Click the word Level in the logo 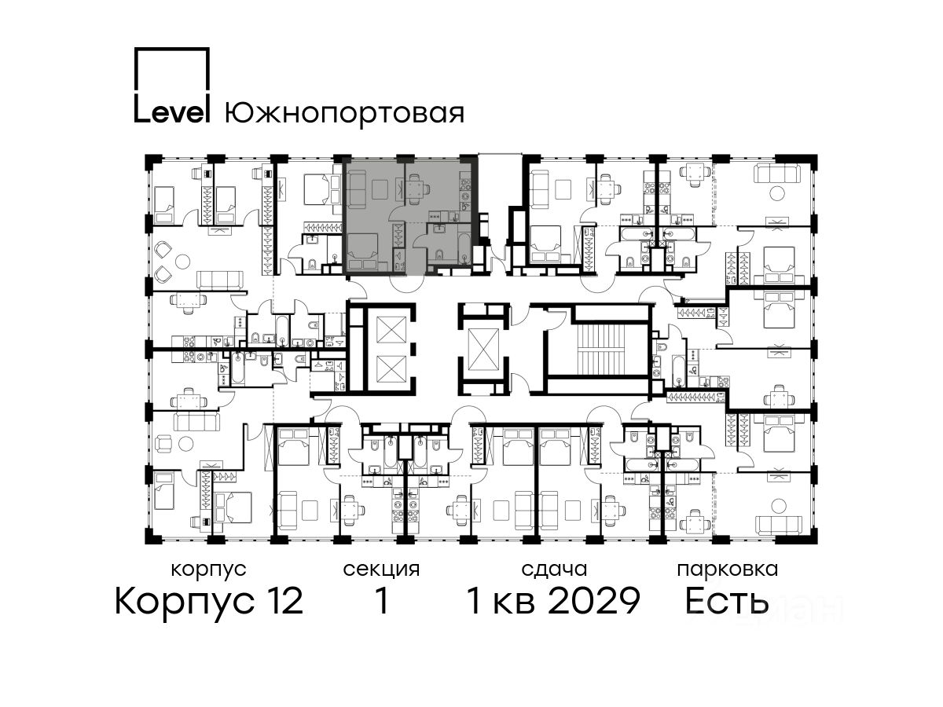tap(172, 112)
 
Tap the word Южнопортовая tap(344, 114)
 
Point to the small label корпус tap(209, 570)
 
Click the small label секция tap(381, 570)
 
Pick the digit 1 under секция tap(383, 601)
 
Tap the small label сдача tap(554, 570)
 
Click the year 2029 tap(595, 602)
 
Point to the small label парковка tap(728, 570)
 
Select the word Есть tap(726, 602)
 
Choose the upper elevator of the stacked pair tap(391, 330)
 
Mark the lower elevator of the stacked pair tap(391, 369)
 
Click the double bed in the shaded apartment tap(362, 252)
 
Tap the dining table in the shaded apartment tap(415, 189)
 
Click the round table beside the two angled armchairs tap(183, 262)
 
